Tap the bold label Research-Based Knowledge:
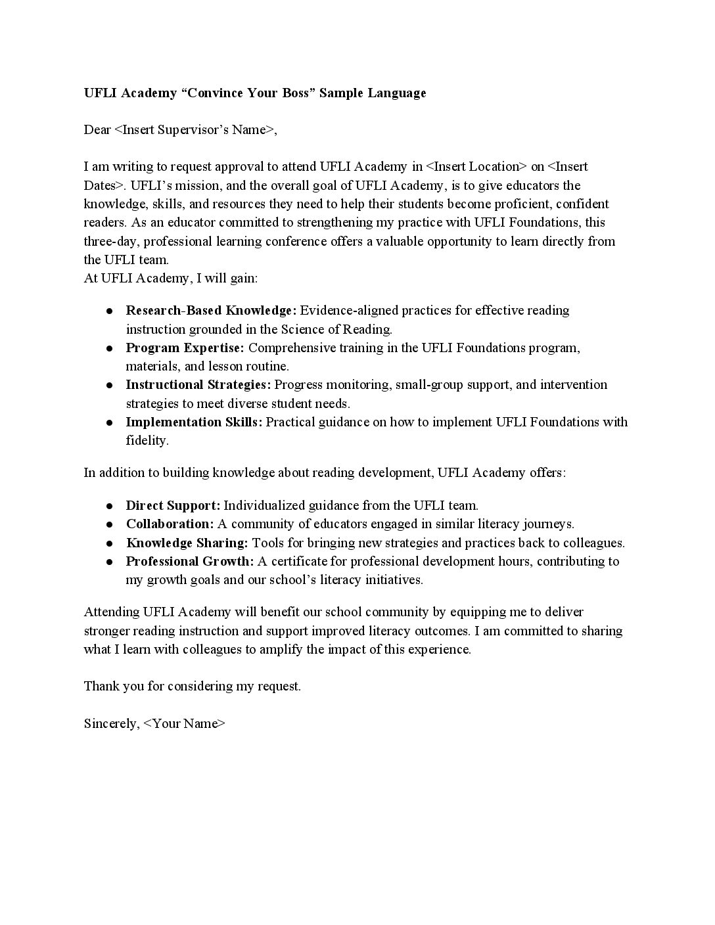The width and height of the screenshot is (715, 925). (x=211, y=310)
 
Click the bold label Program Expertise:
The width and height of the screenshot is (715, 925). (x=185, y=348)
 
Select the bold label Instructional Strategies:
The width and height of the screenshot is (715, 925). (x=198, y=384)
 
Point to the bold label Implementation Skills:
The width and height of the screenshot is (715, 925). (x=194, y=422)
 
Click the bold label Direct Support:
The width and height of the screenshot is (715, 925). (x=173, y=505)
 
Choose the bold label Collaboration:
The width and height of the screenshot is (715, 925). (x=170, y=524)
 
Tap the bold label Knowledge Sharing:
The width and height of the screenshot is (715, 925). (x=187, y=543)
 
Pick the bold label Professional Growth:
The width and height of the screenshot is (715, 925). (x=189, y=561)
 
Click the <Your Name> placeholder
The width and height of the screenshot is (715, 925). (x=185, y=723)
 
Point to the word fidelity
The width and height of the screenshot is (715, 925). (x=147, y=440)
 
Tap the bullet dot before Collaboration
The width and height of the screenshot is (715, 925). (x=110, y=524)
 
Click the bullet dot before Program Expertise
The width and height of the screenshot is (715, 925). (x=110, y=348)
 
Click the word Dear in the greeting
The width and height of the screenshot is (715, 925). (x=97, y=129)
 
